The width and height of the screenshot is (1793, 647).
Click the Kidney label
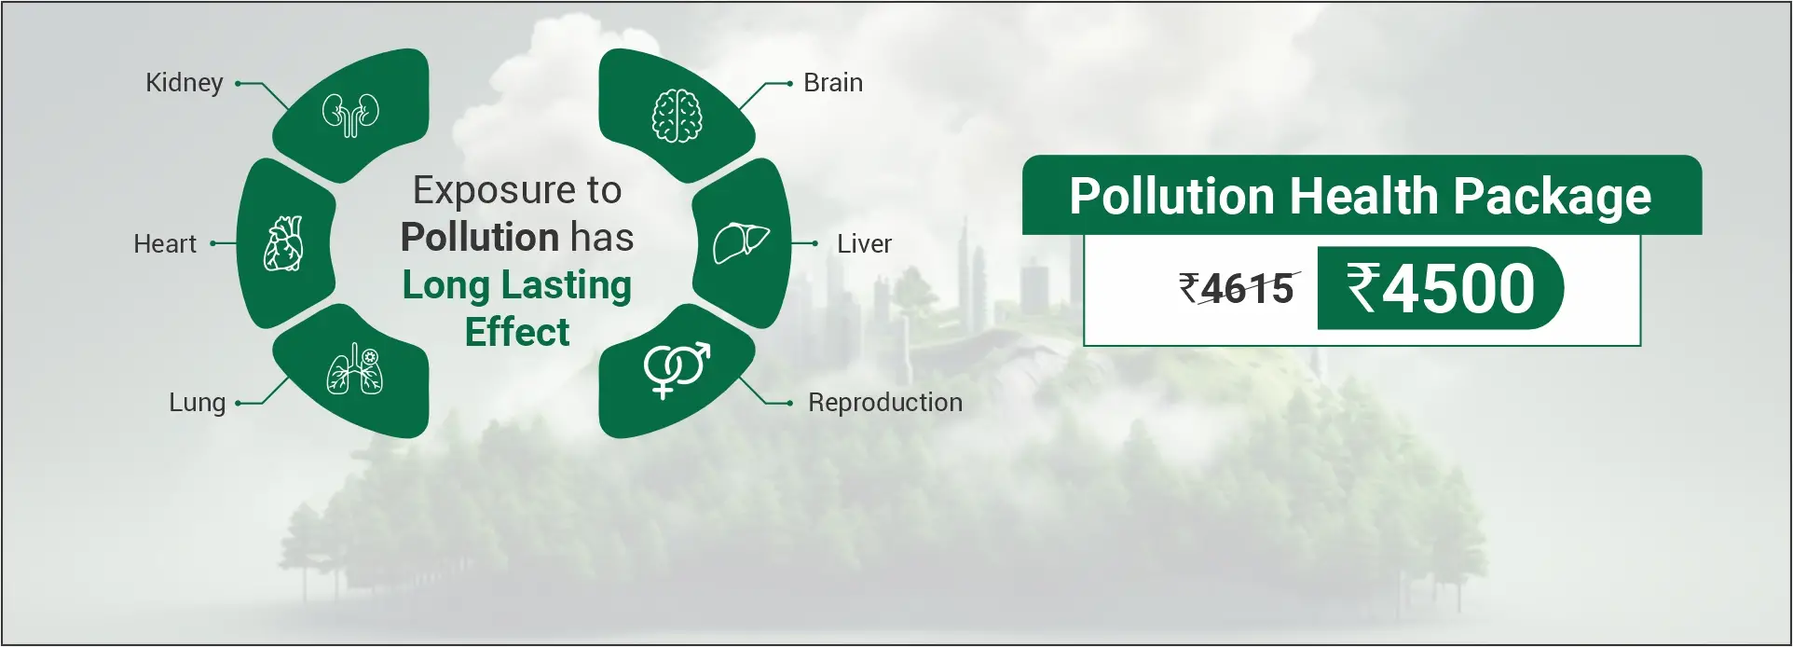coord(185,84)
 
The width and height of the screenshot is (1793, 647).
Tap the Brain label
coord(833,83)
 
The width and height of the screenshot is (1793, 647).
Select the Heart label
coord(165,244)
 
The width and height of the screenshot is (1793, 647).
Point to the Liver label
coord(864,244)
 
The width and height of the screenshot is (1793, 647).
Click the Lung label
coord(198,404)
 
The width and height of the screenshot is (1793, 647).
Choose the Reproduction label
coord(885,403)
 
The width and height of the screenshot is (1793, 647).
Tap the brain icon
coord(677,116)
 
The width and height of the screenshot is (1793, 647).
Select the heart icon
coord(284,244)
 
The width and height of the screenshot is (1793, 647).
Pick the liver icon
coord(741,243)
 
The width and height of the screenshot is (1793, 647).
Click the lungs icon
coord(355,369)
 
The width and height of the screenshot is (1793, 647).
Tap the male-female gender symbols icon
coord(677,369)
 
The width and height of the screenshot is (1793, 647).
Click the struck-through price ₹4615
coord(1237,289)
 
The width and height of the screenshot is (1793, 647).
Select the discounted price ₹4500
coord(1441,288)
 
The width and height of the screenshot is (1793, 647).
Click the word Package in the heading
coord(1552,198)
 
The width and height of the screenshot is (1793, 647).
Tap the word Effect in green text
coord(517,332)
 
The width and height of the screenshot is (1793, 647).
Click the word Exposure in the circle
coord(495,192)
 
